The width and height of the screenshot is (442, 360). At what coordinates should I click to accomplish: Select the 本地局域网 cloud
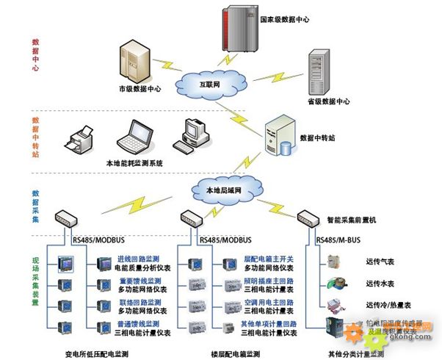223,190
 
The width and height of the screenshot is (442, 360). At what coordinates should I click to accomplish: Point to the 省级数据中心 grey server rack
319,70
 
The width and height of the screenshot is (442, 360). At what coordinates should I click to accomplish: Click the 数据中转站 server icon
280,135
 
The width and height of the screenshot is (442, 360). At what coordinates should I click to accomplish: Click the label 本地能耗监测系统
134,162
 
